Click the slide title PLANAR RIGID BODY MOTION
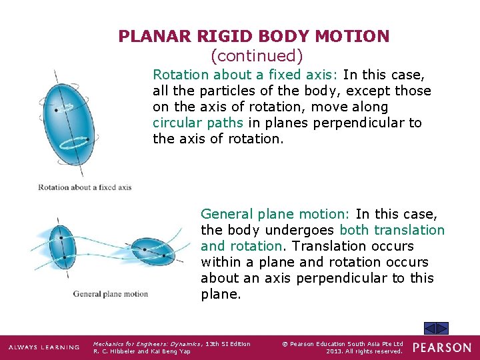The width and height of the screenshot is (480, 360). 253,37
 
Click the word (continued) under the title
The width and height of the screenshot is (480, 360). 256,55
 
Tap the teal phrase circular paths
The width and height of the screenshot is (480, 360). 199,123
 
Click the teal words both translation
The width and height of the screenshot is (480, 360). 391,230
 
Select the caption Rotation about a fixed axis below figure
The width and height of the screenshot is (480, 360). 85,187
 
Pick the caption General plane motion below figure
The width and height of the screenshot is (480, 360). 110,294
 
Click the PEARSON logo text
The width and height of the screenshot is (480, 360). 442,347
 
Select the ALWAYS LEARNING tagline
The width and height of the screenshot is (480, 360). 43,347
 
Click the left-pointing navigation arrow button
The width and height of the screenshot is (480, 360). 431,328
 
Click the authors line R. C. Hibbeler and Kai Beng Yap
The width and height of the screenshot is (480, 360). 141,351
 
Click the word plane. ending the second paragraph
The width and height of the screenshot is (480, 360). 221,294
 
